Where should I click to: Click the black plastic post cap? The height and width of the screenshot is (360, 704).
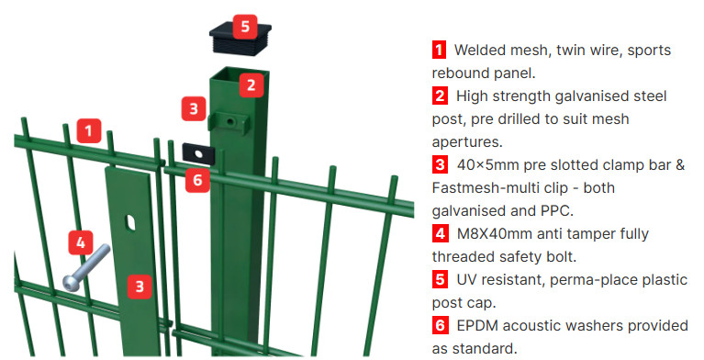coord(240,39)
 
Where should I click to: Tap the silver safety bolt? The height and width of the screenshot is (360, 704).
coord(85,267)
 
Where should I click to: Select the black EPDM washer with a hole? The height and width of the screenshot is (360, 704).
coord(199,153)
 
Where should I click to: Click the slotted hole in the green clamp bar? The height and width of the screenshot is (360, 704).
coord(130,222)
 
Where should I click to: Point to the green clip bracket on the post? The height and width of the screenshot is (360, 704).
coord(228,121)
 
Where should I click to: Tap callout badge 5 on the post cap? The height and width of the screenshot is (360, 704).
coord(245,27)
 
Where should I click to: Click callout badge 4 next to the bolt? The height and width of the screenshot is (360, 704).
coord(81,242)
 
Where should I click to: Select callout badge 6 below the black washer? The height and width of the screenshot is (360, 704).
coord(197,180)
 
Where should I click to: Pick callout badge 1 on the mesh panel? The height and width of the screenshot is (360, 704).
coord(88,130)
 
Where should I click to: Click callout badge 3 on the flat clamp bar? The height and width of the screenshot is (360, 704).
coord(140,287)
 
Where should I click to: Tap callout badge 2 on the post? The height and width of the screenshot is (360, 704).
coord(251,84)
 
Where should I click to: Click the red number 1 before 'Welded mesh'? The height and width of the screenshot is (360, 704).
coord(439,50)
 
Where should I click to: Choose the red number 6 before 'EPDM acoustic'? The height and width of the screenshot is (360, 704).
coord(440,325)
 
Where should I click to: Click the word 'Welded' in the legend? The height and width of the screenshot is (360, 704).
coord(478,50)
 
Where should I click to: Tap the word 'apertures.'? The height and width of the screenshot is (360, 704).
coord(467,143)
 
